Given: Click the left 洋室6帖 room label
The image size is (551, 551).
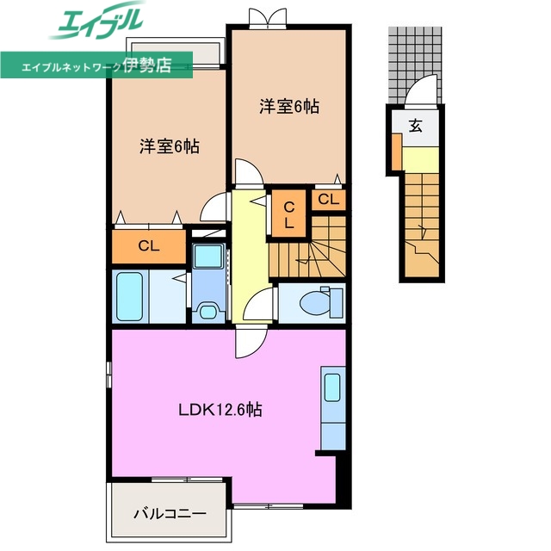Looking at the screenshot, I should (x=170, y=146).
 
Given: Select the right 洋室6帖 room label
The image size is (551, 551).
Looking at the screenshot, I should (x=290, y=107).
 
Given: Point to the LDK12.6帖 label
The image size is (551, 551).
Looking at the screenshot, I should (x=220, y=410).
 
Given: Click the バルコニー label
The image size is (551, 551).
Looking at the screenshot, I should (x=169, y=514).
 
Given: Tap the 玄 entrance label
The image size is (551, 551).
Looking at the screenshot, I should (x=415, y=127).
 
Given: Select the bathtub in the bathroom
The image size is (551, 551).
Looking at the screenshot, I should (x=130, y=296).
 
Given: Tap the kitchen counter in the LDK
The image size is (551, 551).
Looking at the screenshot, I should (x=332, y=405).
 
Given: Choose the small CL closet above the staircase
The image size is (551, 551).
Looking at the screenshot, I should (x=328, y=200).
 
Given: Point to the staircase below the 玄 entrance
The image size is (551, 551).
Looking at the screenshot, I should (x=422, y=226).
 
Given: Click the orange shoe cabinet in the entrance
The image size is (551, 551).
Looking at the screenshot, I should (x=396, y=152).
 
